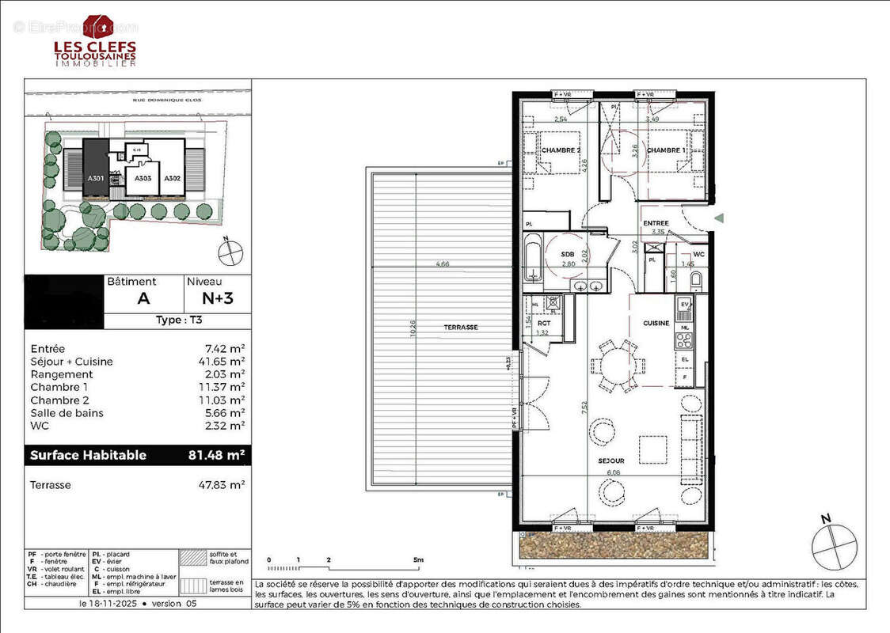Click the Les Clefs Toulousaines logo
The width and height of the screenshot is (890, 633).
click(x=95, y=41)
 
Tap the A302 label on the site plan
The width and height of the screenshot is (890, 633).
click(x=173, y=178)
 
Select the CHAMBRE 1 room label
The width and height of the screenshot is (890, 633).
click(x=665, y=150)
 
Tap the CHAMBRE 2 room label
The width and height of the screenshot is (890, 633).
click(x=561, y=150)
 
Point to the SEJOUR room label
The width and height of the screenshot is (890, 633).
click(x=610, y=461)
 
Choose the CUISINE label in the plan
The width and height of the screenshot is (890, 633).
click(x=656, y=323)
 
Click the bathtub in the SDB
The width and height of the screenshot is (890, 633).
click(x=534, y=258)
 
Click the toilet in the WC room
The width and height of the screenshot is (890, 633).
click(x=695, y=281)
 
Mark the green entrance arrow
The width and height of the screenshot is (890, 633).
click(x=719, y=218)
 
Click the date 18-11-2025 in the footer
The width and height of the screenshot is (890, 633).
click(x=113, y=603)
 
